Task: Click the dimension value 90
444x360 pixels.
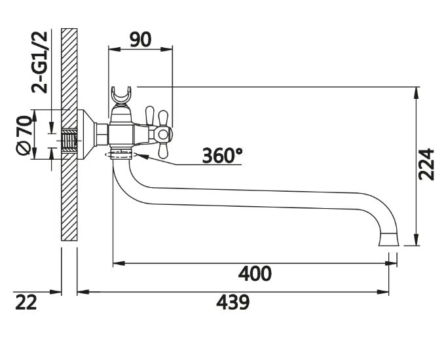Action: coord(140,40)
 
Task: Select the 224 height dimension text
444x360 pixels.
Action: coord(426,164)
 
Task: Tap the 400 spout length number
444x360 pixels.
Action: coord(255,274)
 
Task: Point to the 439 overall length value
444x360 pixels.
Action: coord(232,302)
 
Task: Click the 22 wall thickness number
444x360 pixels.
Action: coord(26,302)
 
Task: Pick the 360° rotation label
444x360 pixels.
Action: coord(223,155)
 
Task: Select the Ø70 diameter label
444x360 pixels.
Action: coord(24,135)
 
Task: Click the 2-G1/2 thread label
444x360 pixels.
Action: coord(39,62)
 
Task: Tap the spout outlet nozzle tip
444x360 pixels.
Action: coord(389,240)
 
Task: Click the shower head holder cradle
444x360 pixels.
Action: coord(121,95)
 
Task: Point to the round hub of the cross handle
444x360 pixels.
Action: coord(163,134)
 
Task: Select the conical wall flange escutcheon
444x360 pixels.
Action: coord(86,134)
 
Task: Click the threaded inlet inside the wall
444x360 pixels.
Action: coord(69,141)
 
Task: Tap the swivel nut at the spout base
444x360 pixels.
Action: coord(122,154)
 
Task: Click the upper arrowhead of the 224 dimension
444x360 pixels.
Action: coord(416,93)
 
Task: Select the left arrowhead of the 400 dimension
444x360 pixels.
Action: coord(119,263)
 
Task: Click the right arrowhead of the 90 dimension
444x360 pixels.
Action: coord(166,49)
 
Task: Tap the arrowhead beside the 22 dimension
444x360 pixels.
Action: coord(56,292)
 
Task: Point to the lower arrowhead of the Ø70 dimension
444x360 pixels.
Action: coord(34,153)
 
